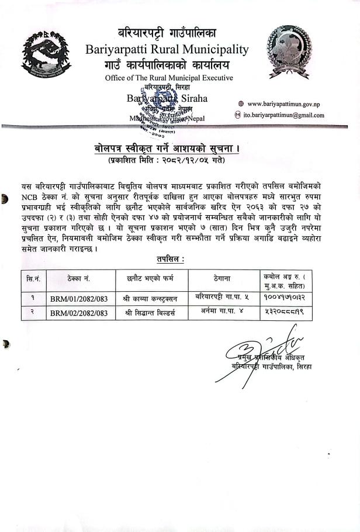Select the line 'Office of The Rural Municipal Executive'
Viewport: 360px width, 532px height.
pyautogui.click(x=168, y=78)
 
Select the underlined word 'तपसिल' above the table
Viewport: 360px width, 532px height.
pyautogui.click(x=170, y=259)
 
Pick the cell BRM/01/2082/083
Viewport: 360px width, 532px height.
pyautogui.click(x=78, y=298)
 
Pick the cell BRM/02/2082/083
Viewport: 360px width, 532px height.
pyautogui.click(x=78, y=313)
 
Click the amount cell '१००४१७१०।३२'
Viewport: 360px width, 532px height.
pyautogui.click(x=288, y=298)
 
